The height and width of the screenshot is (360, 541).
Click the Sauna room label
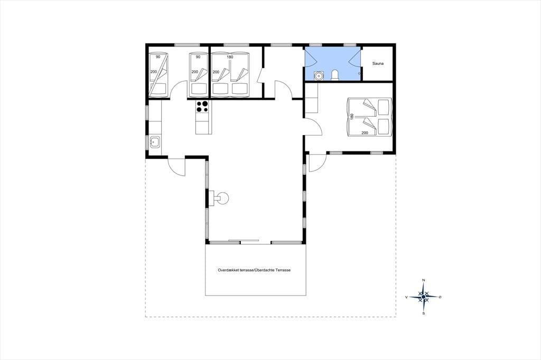(378, 64)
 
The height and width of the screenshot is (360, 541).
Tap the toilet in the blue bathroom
(334, 75)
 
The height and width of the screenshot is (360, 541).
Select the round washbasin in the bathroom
(319, 75)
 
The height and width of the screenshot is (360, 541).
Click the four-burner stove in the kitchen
(202, 106)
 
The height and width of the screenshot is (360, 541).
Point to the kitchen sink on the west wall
(155, 141)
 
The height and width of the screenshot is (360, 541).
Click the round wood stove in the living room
(221, 198)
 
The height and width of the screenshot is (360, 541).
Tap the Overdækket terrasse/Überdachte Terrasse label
(254, 270)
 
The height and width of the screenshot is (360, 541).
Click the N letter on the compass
(424, 280)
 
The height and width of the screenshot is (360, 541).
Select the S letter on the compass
(424, 314)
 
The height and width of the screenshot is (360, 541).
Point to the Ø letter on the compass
(440, 297)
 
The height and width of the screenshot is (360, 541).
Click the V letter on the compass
(407, 297)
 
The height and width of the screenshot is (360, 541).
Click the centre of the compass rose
(424, 297)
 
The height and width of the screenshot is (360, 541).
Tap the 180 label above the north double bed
(230, 57)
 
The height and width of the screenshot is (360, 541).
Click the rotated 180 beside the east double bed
(352, 117)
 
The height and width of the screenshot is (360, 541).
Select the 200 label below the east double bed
(365, 133)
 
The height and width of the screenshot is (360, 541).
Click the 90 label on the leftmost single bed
(158, 57)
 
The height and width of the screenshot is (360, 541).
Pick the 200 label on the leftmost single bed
(154, 72)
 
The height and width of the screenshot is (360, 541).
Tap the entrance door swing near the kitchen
(176, 166)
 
